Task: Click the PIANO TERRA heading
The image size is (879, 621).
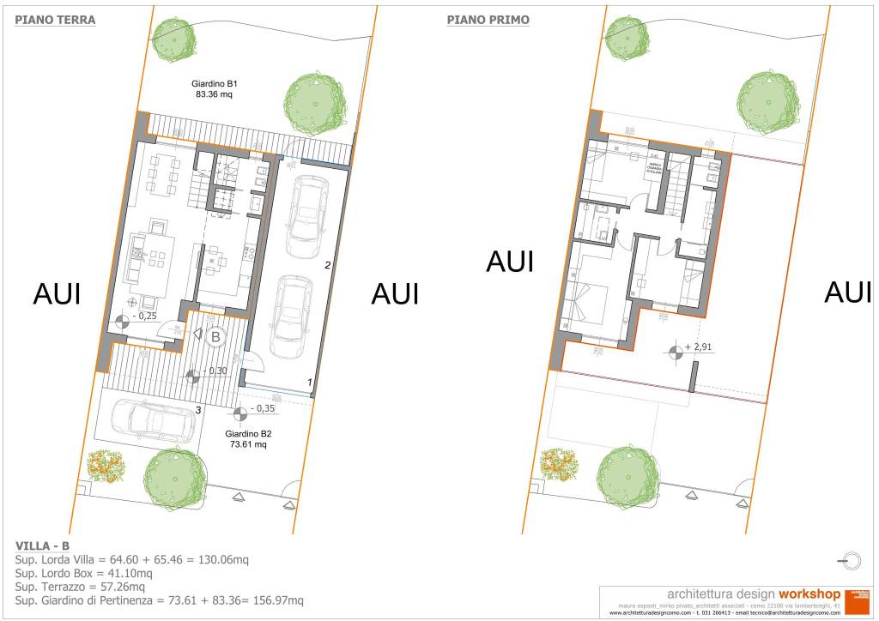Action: tap(55, 20)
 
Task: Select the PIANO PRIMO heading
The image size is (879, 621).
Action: tap(488, 20)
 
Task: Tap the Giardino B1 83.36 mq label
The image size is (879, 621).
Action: tap(215, 89)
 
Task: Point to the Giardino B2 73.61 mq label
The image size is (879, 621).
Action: tap(249, 439)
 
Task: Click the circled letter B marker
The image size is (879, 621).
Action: tap(215, 338)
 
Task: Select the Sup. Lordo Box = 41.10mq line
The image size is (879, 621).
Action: tap(83, 573)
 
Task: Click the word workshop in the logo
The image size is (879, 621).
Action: tap(809, 593)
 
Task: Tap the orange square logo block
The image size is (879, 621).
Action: tap(858, 599)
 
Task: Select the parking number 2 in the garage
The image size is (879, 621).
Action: tap(327, 266)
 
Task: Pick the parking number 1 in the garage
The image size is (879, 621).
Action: tap(311, 382)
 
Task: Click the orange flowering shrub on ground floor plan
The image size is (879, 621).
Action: tap(106, 466)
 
